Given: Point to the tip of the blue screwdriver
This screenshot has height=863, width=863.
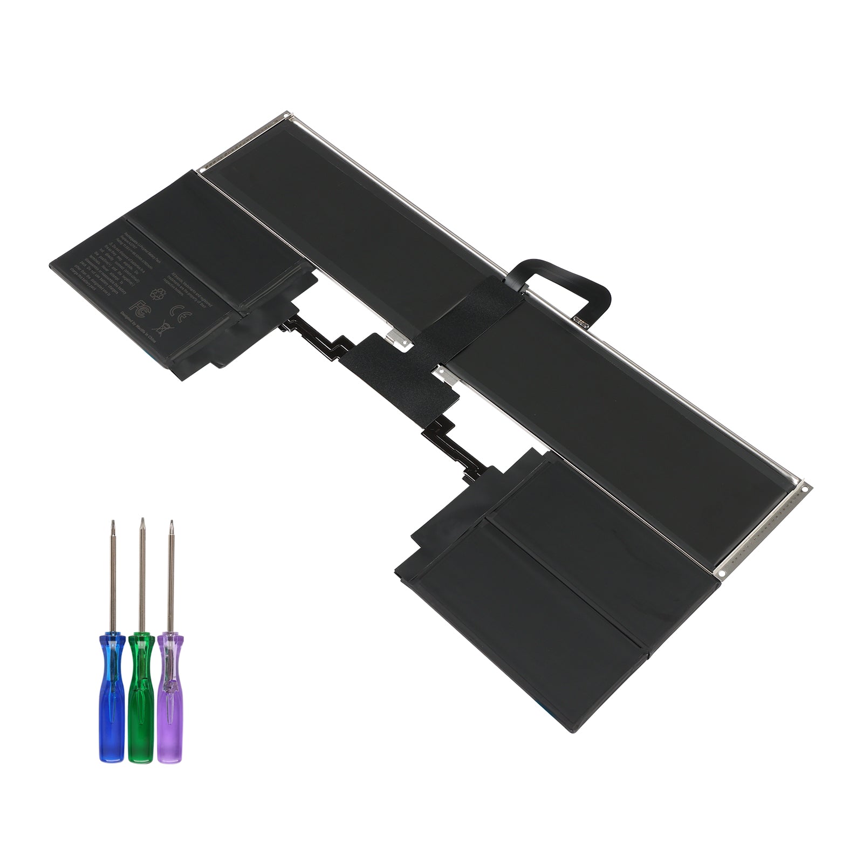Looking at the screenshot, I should [112, 522].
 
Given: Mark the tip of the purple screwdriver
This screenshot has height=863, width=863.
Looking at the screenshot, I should [172, 522].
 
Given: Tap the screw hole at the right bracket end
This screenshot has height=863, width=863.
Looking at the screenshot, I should [806, 489].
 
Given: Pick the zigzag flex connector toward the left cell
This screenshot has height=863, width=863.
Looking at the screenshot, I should [318, 337].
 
